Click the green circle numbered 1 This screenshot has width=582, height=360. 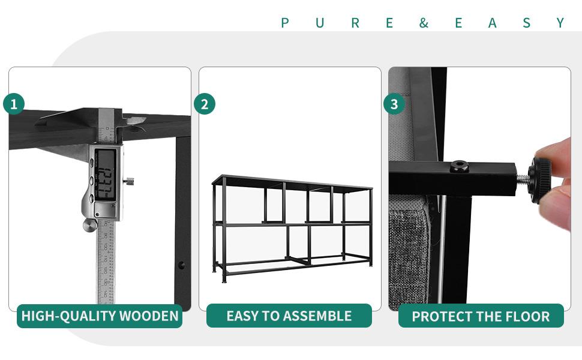14,104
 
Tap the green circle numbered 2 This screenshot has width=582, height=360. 205,104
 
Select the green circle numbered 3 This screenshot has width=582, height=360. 394,104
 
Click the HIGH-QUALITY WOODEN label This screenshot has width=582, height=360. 100,316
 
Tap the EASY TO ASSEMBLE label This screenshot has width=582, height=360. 289,316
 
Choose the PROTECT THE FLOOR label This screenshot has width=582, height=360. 481,316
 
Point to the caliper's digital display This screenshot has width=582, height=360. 106,174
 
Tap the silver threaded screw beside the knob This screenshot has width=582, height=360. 524,177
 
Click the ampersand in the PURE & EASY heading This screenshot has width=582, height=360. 424,23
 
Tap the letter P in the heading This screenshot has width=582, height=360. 285,23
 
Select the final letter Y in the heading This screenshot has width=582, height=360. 560,23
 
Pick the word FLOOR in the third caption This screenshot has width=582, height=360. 526,316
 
